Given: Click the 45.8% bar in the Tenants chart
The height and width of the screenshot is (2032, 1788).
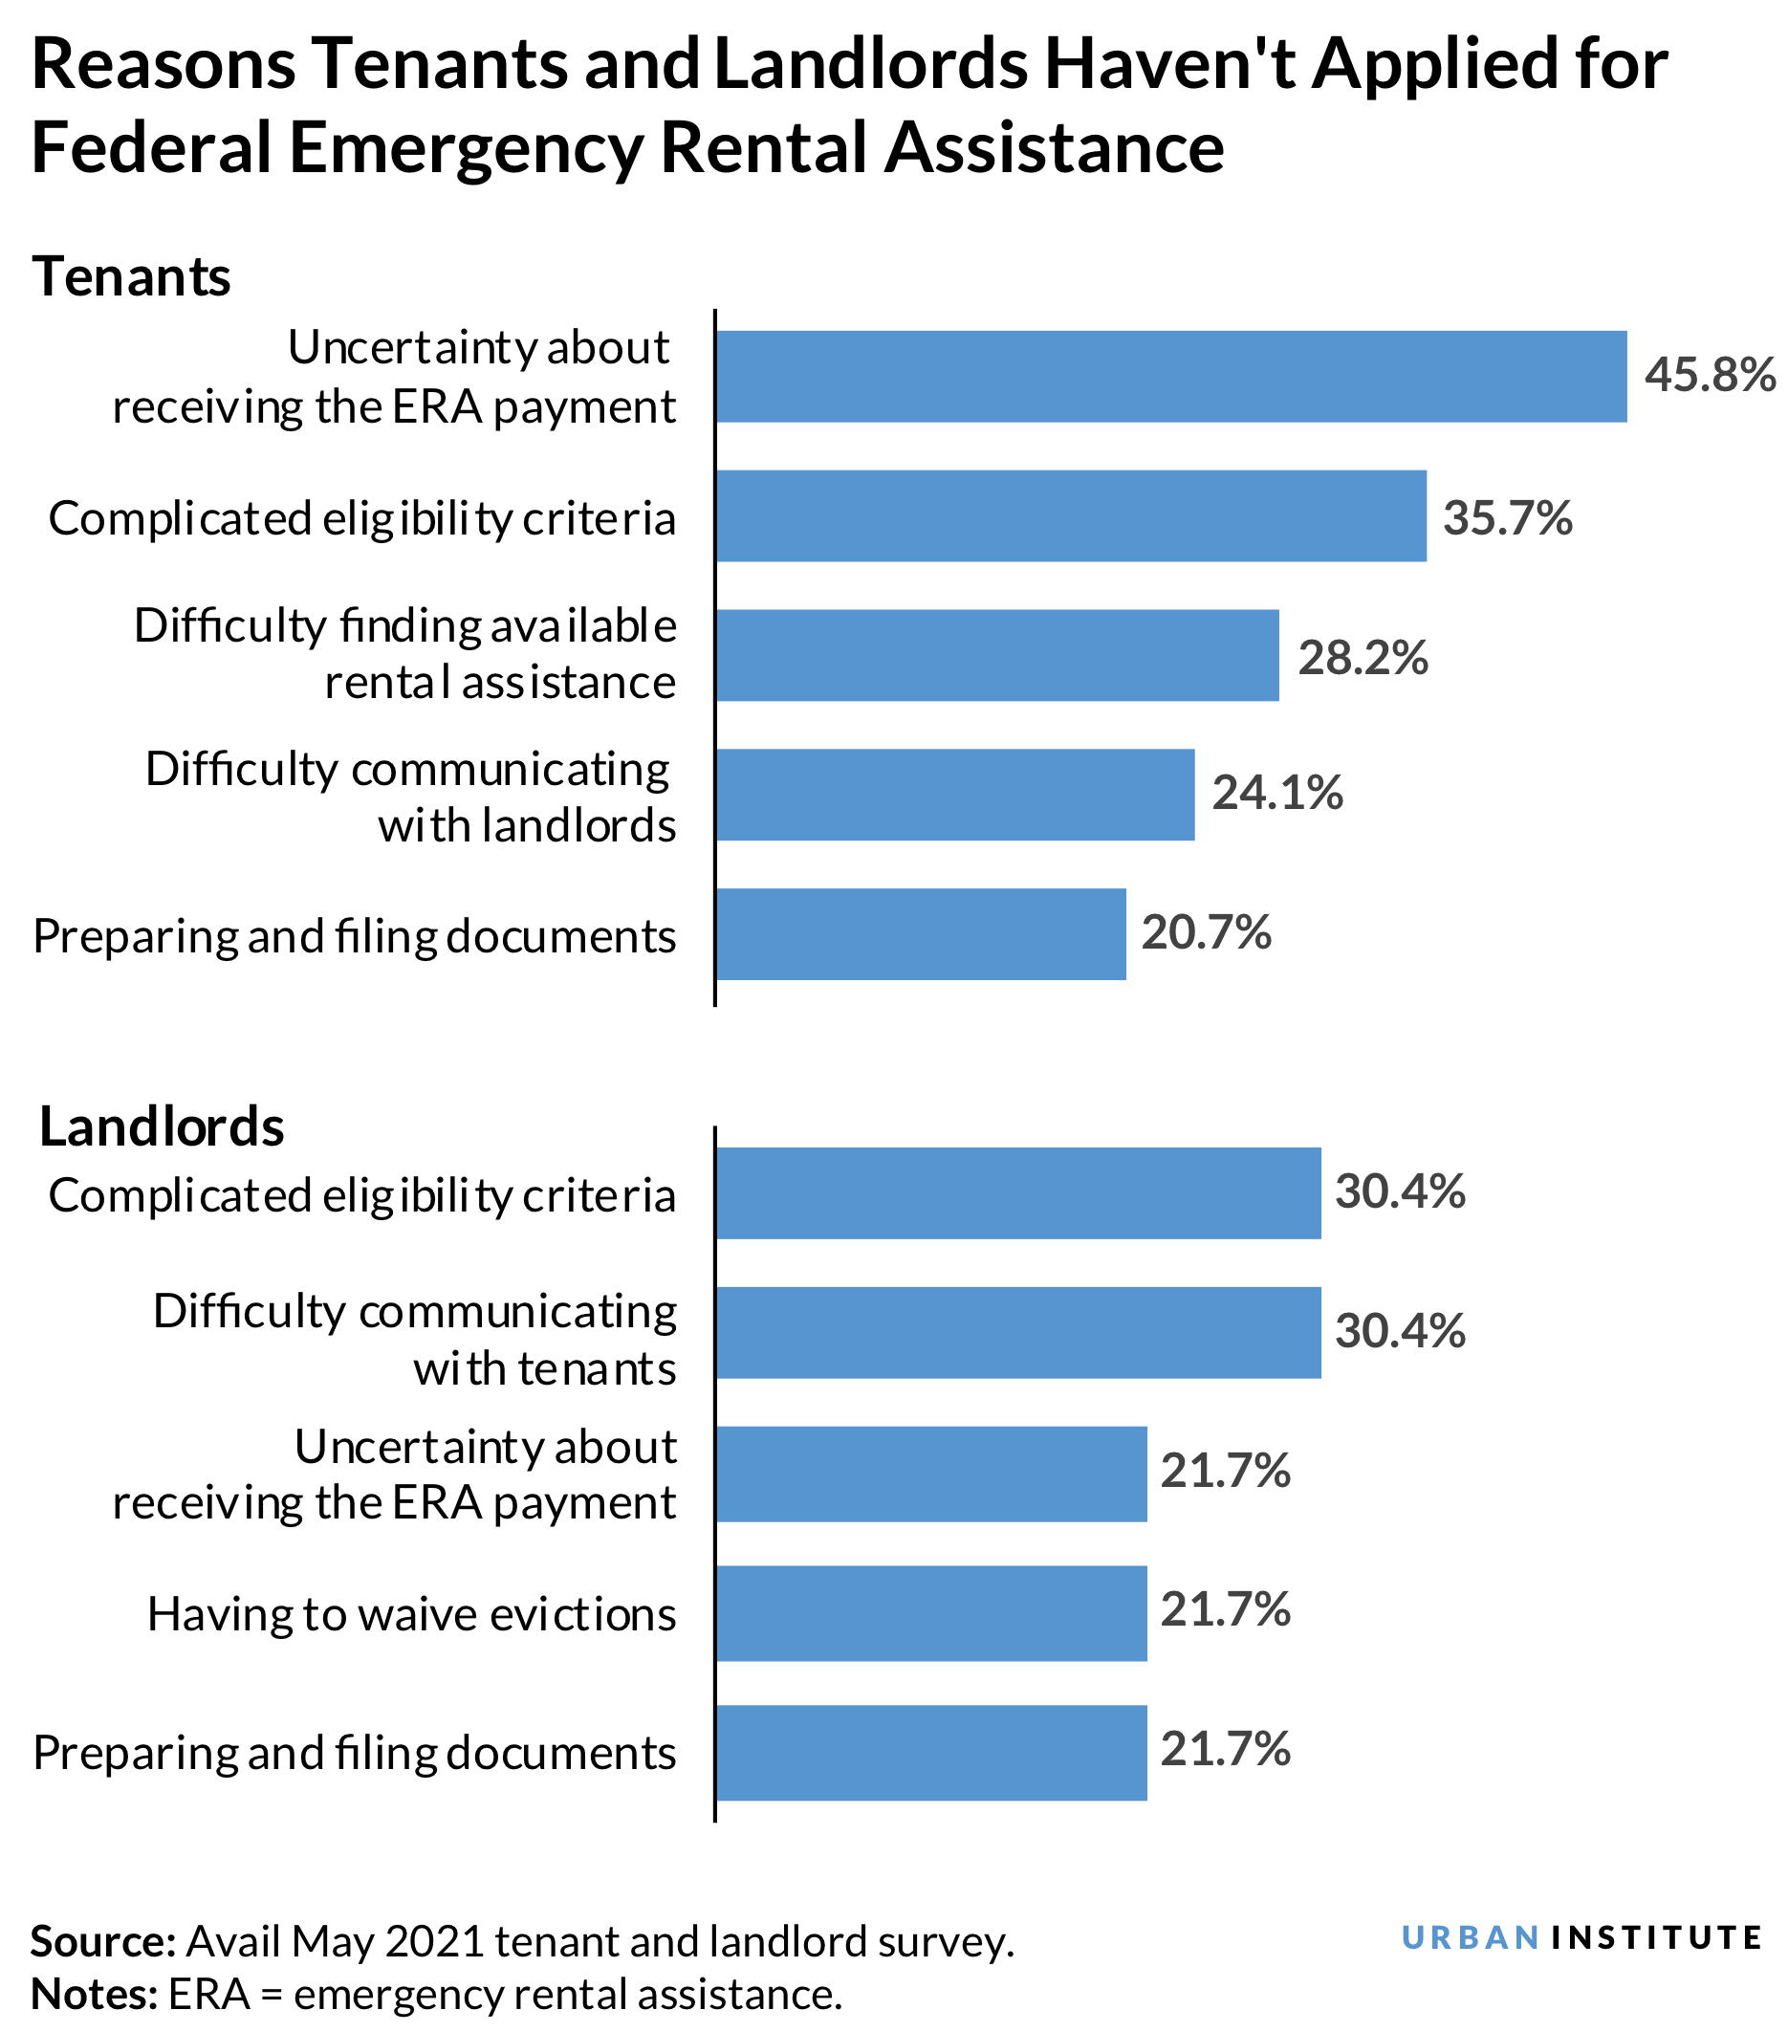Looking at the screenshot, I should point(1170,376).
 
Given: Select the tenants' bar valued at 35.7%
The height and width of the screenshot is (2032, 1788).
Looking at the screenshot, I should point(1071,515).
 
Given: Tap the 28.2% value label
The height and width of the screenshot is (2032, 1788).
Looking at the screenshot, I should point(1362,657).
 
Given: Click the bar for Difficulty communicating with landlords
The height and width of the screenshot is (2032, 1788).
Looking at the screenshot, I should point(954,795).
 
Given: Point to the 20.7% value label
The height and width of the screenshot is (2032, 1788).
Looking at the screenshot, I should point(1206,932).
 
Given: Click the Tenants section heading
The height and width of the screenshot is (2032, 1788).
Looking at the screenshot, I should point(131,276).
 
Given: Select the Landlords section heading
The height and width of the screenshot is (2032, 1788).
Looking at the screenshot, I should point(161,1126).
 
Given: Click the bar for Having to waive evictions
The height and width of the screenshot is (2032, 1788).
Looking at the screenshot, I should point(930,1612).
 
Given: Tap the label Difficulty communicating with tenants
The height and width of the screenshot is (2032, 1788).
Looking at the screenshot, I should point(414,1340).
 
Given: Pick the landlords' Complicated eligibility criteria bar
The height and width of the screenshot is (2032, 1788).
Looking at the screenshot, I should point(1017,1193).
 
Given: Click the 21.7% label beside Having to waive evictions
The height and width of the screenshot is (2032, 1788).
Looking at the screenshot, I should point(1225,1609).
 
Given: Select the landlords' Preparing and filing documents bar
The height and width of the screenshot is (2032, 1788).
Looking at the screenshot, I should point(930,1753).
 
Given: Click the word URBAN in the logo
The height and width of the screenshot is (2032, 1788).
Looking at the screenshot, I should point(1470,1937).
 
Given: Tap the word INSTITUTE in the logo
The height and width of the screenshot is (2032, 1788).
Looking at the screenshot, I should point(1656,1937).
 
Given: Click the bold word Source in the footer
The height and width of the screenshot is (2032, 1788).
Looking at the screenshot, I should point(102,1941).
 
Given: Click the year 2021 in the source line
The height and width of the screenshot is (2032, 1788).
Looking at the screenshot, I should point(435,1941).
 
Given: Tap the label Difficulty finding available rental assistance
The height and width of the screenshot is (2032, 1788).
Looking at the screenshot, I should point(404,654).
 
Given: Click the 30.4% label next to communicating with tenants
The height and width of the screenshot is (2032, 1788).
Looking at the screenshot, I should point(1400,1331).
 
